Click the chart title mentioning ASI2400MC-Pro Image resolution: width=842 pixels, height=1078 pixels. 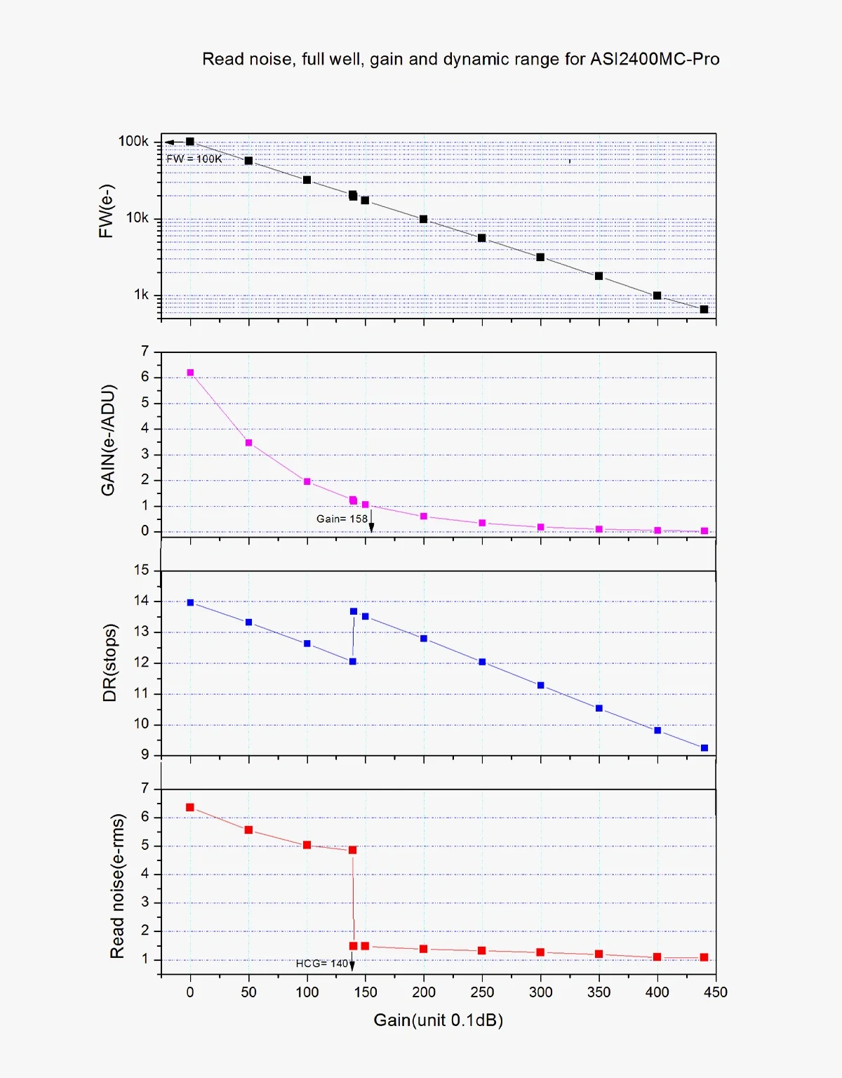[460, 59]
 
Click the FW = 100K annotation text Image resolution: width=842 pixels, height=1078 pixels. [194, 159]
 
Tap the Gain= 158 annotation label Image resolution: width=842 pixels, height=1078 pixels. [342, 519]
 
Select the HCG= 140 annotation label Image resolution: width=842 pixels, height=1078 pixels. [322, 964]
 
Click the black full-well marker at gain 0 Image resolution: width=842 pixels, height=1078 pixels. [189, 142]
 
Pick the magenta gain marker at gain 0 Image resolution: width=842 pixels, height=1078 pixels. [190, 373]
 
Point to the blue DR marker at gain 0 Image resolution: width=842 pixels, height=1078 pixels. [190, 602]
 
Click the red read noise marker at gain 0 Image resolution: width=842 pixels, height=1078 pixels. [189, 807]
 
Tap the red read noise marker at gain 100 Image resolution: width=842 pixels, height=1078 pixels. [307, 845]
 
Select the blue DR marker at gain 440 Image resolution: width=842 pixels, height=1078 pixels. [704, 748]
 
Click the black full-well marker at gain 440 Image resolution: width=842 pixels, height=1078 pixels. [704, 310]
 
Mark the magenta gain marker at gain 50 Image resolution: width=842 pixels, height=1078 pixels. [248, 443]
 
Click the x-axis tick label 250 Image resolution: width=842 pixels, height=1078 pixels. [482, 992]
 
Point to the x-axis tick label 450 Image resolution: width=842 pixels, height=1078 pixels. [716, 992]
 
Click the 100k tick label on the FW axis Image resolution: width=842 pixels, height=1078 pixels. [133, 141]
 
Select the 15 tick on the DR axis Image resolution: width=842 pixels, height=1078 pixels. [142, 570]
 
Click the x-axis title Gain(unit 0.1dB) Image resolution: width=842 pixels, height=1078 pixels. [439, 1020]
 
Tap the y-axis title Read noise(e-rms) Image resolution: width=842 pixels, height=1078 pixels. [117, 886]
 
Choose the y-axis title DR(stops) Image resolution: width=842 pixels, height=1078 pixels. [109, 663]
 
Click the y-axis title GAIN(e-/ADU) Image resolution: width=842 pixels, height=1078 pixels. [108, 440]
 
